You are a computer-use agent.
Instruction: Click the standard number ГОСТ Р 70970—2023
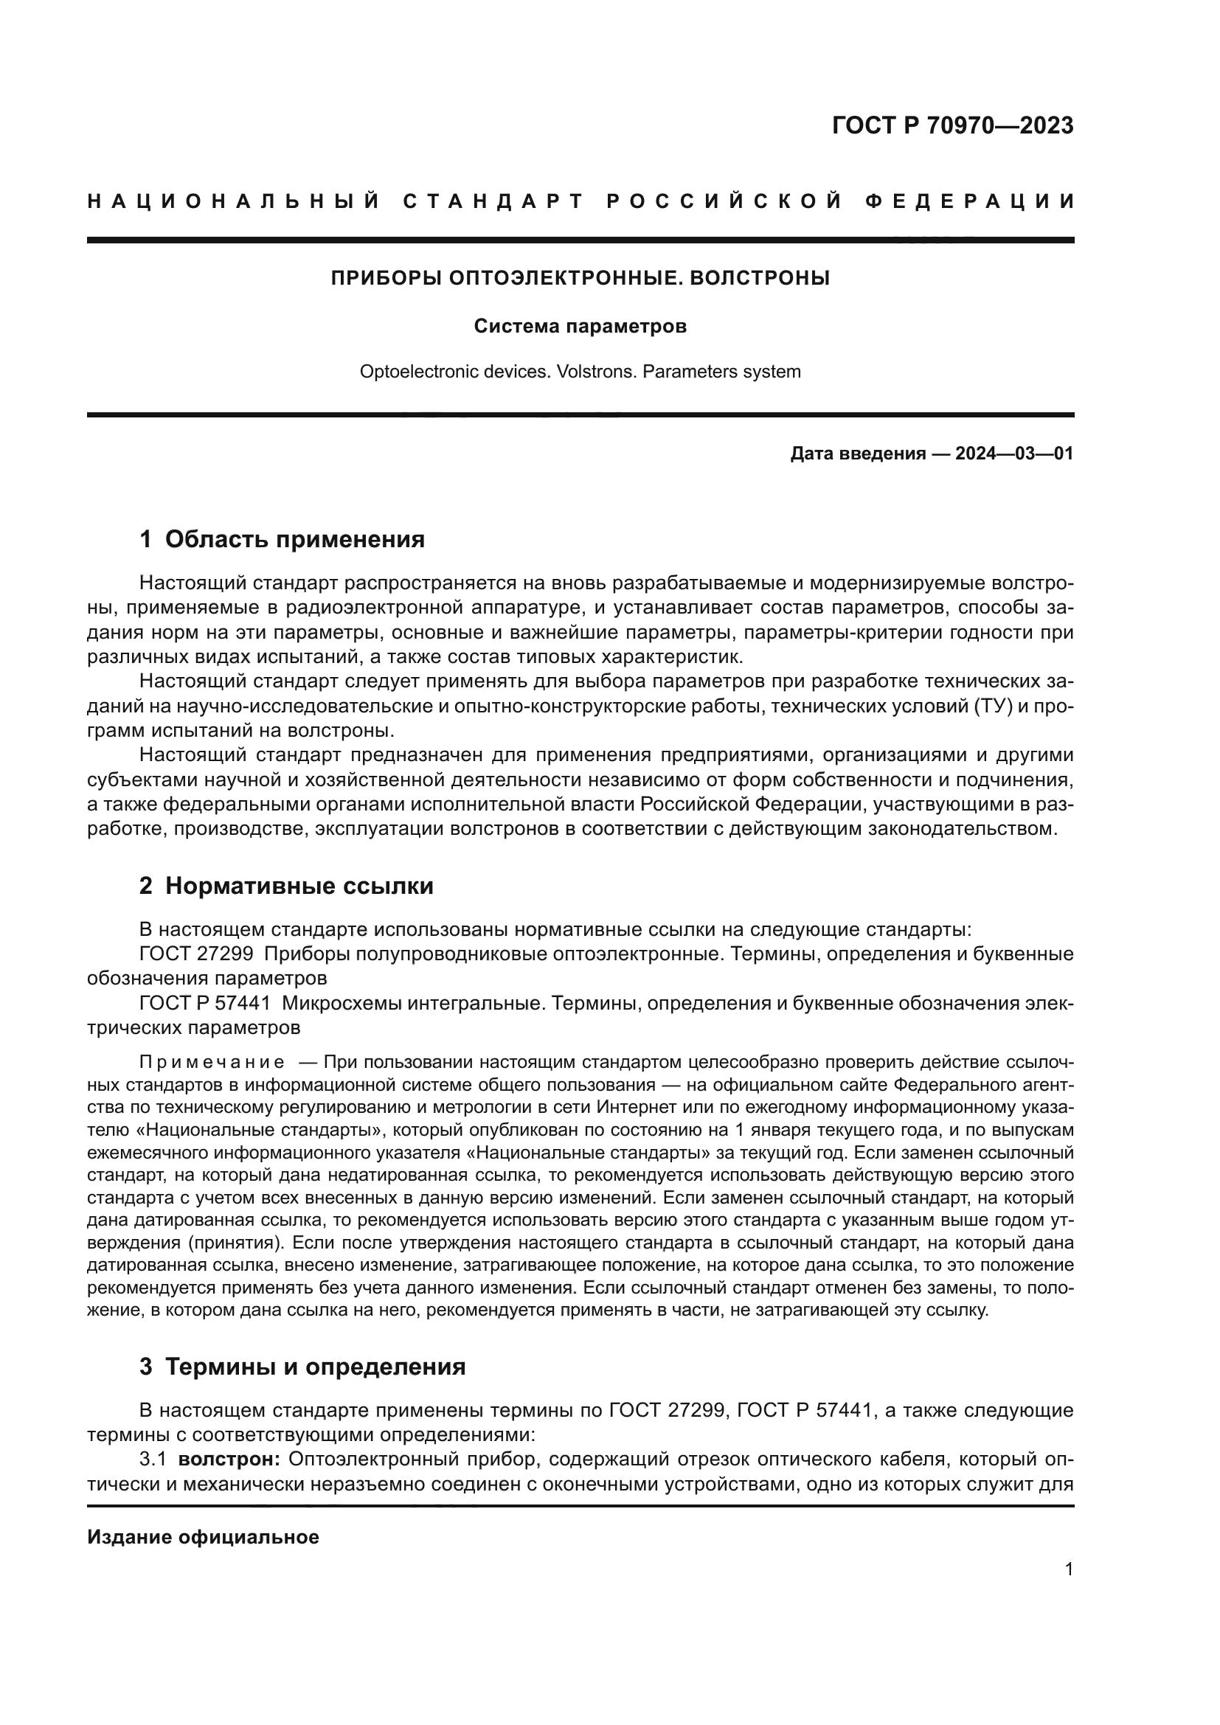click(952, 125)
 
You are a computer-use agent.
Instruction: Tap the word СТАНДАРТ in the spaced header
click(493, 201)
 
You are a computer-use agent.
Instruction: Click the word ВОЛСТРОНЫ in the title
click(760, 278)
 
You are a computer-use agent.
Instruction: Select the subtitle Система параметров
click(580, 327)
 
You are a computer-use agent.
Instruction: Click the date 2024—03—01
click(1014, 454)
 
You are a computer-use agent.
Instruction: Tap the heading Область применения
click(294, 539)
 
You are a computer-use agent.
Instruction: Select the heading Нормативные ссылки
click(299, 886)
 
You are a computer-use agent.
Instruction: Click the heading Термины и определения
click(315, 1367)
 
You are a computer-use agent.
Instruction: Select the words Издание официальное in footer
click(203, 1537)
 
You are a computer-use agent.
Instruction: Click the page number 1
click(1068, 1569)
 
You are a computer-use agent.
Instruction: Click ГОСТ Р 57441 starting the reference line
click(204, 1003)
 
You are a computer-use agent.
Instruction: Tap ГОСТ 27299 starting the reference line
click(195, 954)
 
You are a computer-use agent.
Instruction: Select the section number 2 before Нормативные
click(145, 886)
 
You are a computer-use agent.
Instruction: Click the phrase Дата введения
click(857, 454)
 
